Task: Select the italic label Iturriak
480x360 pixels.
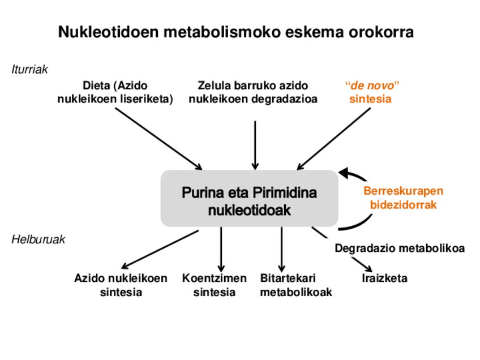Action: click(x=29, y=70)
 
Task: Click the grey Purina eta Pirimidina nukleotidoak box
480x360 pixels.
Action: click(x=249, y=199)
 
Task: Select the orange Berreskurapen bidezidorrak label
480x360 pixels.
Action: click(x=403, y=198)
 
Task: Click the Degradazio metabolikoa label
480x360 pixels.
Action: click(x=400, y=248)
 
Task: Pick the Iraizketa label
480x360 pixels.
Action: click(x=384, y=278)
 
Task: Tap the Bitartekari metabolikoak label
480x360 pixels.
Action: click(x=295, y=285)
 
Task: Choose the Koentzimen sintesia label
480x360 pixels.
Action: click(x=215, y=285)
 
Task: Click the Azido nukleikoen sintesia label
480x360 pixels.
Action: click(x=121, y=285)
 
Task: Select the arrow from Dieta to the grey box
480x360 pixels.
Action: click(x=158, y=139)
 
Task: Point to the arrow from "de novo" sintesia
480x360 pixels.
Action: click(x=334, y=139)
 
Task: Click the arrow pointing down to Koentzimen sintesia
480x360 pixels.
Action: click(x=221, y=249)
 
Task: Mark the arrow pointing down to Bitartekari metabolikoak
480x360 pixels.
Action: click(x=281, y=249)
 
